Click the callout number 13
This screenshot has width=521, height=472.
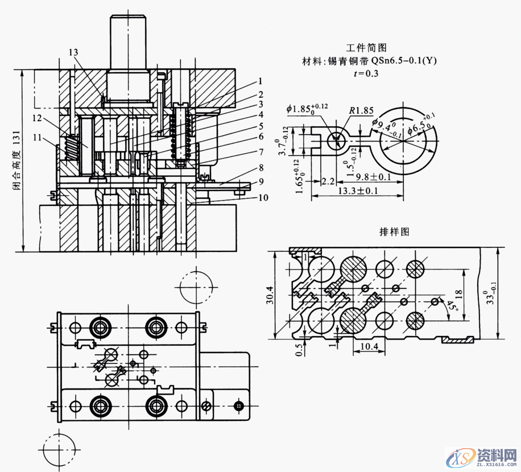pyautogui.click(x=73, y=52)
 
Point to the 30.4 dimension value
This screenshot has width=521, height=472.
pyautogui.click(x=271, y=296)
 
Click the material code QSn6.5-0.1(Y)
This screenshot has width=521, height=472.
pyautogui.click(x=404, y=60)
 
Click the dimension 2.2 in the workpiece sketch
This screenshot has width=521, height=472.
pyautogui.click(x=328, y=181)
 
